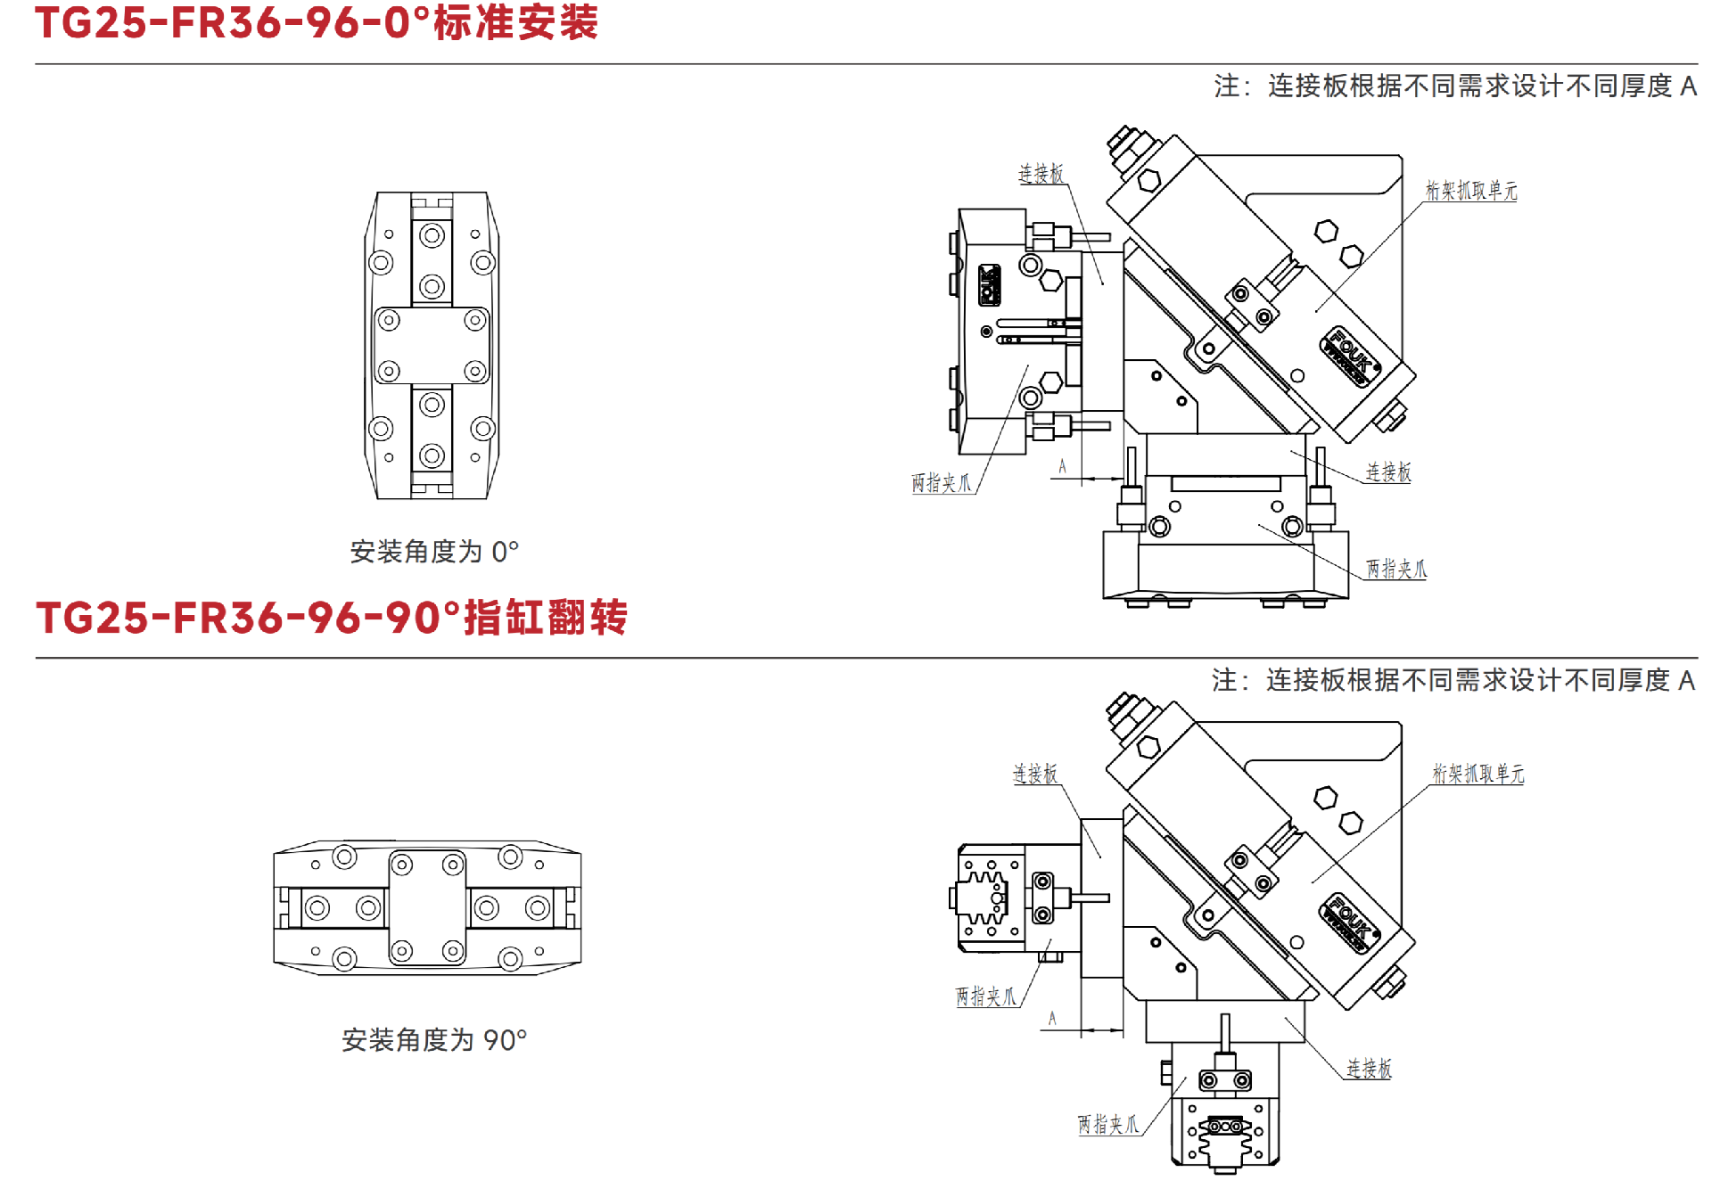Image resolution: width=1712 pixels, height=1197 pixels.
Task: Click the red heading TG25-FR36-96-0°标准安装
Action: [317, 22]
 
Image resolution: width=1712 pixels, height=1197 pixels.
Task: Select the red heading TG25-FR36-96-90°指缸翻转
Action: [332, 617]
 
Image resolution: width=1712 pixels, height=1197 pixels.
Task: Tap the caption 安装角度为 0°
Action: [434, 552]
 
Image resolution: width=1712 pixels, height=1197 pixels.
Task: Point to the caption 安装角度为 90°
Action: [434, 1039]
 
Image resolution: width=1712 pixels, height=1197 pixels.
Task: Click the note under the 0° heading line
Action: [1455, 86]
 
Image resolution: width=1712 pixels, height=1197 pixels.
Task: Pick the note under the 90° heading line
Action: [1453, 680]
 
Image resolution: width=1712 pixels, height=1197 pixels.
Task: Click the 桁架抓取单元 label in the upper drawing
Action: [1470, 190]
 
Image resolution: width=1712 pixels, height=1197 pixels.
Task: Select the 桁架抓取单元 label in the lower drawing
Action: [1477, 773]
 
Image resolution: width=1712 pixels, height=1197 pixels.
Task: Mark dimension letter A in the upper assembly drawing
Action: [1062, 466]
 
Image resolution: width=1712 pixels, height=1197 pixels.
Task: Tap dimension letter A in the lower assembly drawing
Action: [1052, 1018]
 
